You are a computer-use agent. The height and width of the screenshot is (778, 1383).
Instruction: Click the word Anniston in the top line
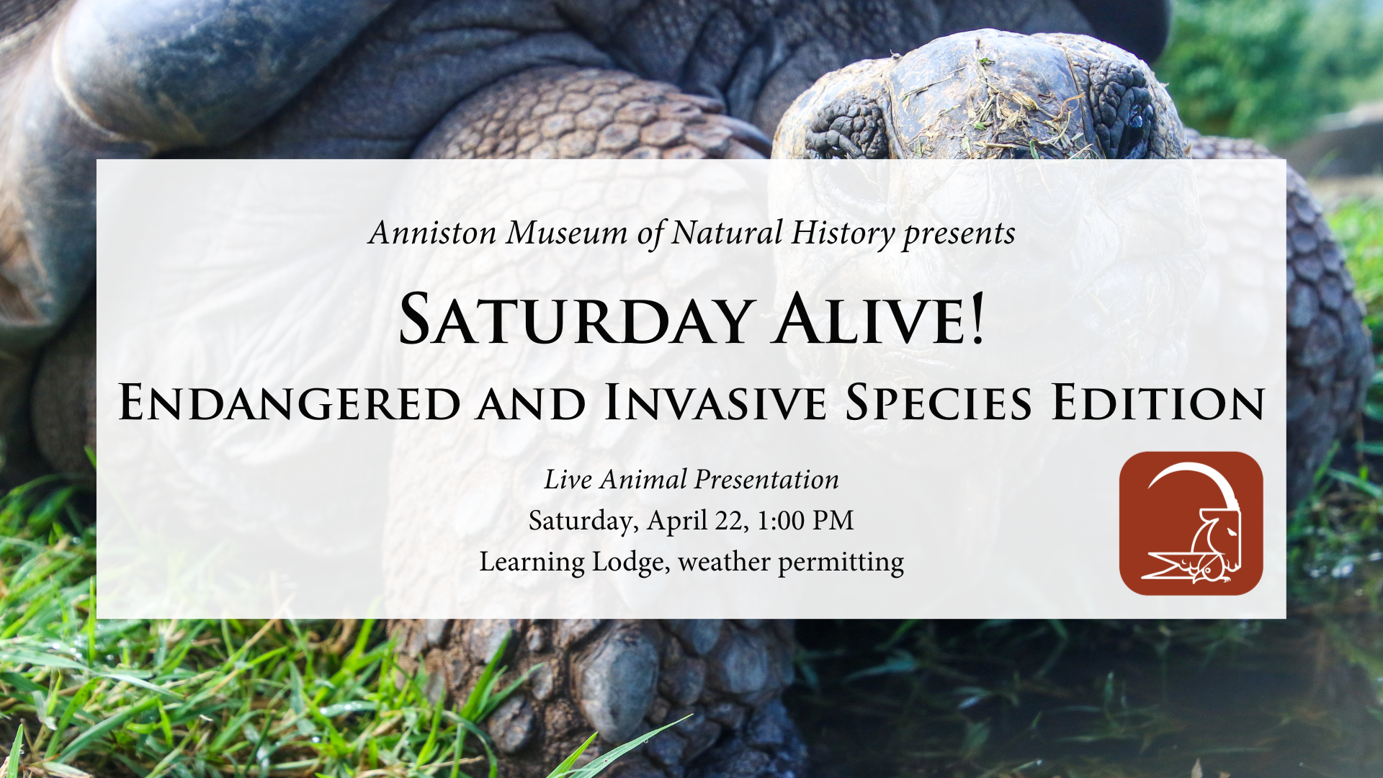pos(432,233)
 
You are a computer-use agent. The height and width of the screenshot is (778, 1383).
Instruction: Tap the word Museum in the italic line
pos(567,233)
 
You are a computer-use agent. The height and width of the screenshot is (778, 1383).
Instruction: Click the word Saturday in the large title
pos(577,319)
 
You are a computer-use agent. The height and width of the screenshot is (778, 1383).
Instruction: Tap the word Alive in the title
pos(869,319)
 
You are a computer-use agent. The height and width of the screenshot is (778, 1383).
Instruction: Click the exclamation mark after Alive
pos(977,319)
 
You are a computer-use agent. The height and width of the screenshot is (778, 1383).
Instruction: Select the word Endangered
pos(290,402)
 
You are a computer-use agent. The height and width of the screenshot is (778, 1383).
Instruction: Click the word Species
pos(939,402)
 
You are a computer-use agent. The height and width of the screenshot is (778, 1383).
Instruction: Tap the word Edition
pos(1158,402)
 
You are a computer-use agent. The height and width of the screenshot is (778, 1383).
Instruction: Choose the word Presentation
pos(767,480)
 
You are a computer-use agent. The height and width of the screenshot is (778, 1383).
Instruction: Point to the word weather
pos(724,562)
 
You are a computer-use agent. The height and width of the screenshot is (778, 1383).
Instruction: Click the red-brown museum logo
pos(1191,524)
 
